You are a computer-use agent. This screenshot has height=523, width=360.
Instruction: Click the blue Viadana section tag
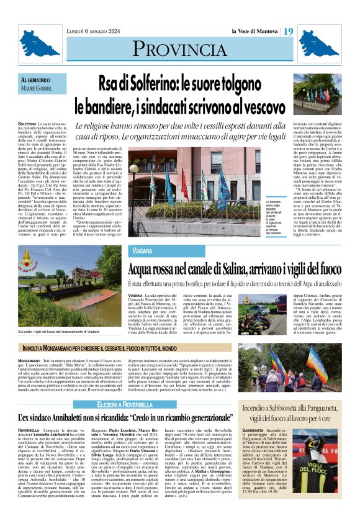point(142,251)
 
